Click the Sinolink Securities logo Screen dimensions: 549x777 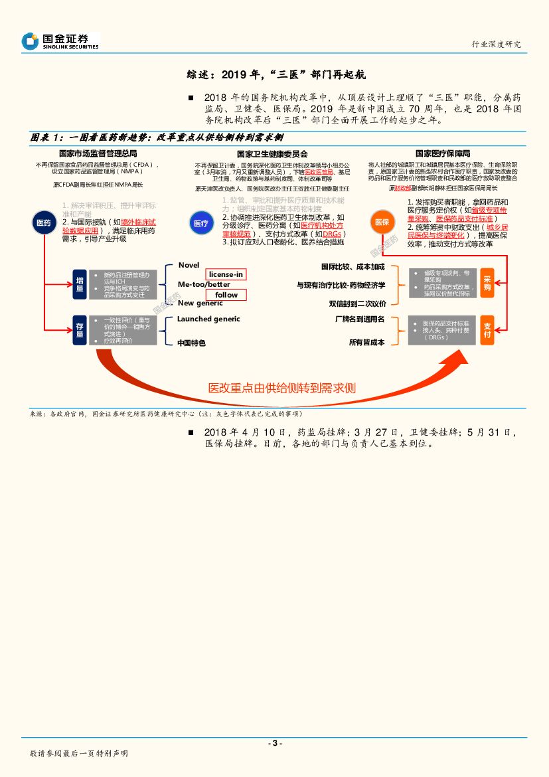(60, 41)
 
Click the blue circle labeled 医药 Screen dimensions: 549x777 (43, 223)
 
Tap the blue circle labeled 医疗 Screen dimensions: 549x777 (201, 224)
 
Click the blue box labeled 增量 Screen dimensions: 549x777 (80, 284)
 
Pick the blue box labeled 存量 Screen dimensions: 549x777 (80, 330)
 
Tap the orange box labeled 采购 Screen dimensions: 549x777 (487, 284)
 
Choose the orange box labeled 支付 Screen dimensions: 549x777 (487, 330)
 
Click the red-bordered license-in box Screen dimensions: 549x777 (226, 274)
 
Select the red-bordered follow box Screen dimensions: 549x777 (226, 295)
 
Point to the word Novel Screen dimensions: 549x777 (189, 265)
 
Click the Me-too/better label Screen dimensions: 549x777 (204, 284)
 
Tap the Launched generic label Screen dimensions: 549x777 (208, 319)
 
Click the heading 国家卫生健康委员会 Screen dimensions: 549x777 (272, 154)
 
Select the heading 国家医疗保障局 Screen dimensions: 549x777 (443, 153)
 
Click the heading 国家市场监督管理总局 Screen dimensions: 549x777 (98, 154)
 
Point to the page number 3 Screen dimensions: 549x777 (274, 743)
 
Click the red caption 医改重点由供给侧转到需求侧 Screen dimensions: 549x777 (281, 388)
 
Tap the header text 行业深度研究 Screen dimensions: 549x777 (496, 44)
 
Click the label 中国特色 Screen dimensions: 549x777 (191, 343)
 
